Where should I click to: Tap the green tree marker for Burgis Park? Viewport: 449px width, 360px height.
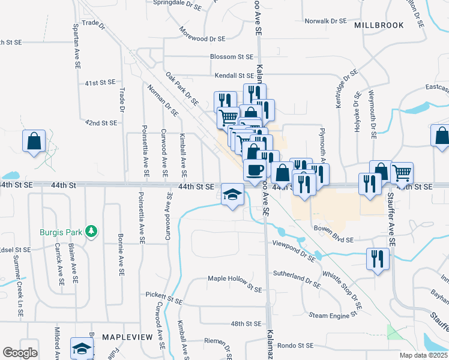coord(91,231)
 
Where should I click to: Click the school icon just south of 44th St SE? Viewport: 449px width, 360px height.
coord(232,194)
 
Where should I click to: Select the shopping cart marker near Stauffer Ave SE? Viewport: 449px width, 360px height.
coord(402,173)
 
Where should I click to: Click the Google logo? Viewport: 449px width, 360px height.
coord(20,353)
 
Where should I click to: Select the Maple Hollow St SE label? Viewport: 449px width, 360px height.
coord(235,279)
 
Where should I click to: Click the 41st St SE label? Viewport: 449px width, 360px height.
coord(100,83)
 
